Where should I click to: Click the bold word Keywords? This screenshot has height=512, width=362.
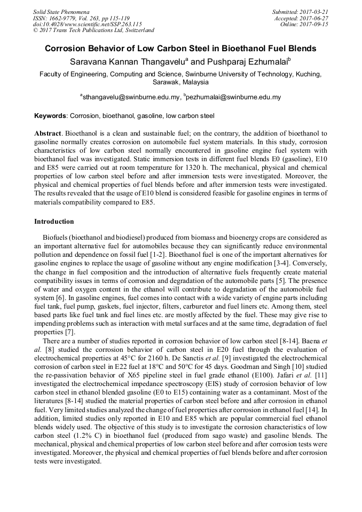tap(50, 115)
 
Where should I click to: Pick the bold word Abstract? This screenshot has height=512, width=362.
tap(48, 132)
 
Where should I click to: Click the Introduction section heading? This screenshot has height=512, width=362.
tap(54, 222)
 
